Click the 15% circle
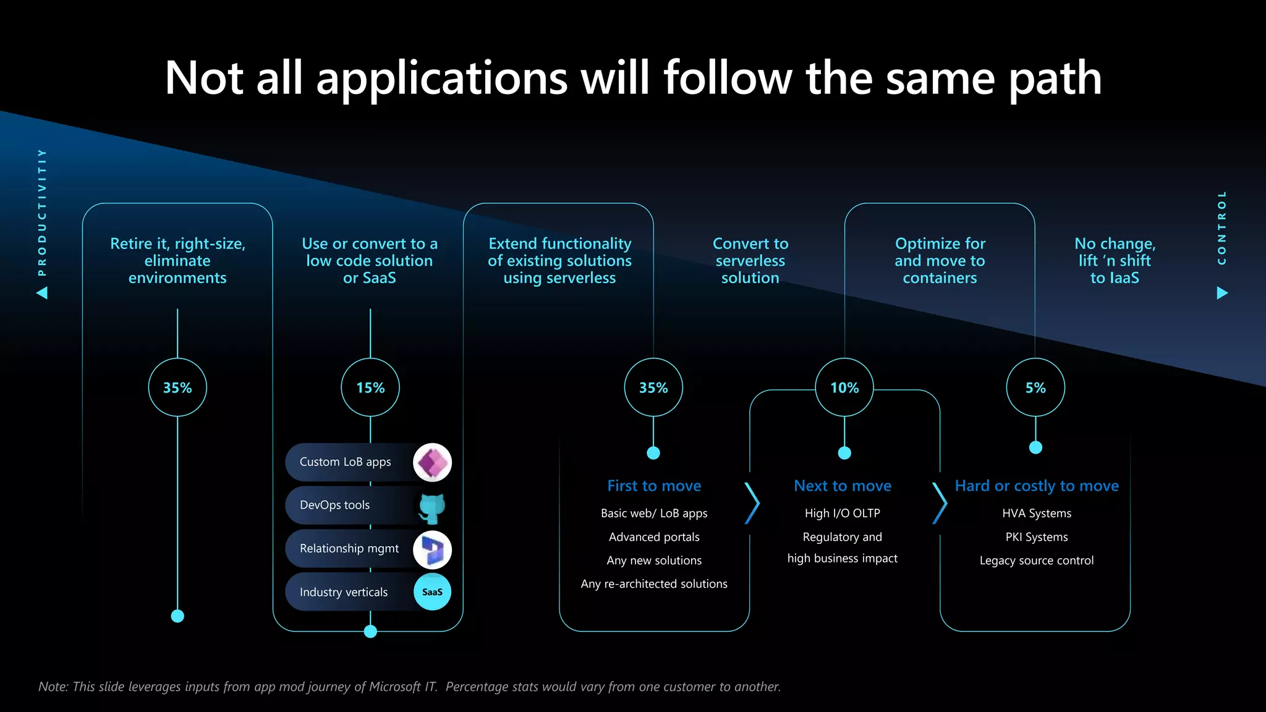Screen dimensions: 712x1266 (370, 388)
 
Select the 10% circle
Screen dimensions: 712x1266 (844, 388)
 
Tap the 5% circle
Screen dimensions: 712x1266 (1035, 388)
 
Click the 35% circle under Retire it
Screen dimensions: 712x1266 (177, 388)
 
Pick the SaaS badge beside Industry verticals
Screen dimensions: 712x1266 (432, 591)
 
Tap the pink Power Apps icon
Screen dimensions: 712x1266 (432, 462)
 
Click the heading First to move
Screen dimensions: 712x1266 (654, 486)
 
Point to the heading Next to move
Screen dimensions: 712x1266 (843, 486)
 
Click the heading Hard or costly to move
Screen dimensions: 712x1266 (1037, 486)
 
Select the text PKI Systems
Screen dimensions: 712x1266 (1037, 537)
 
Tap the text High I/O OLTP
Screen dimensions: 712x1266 (843, 513)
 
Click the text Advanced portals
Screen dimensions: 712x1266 (654, 537)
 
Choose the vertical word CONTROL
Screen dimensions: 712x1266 (1221, 227)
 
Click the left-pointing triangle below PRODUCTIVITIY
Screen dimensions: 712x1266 (42, 292)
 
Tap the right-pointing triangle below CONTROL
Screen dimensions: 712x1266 (1222, 292)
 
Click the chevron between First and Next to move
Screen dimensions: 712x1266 (752, 503)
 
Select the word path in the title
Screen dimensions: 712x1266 (1055, 79)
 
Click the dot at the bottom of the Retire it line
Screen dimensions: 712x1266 (177, 616)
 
